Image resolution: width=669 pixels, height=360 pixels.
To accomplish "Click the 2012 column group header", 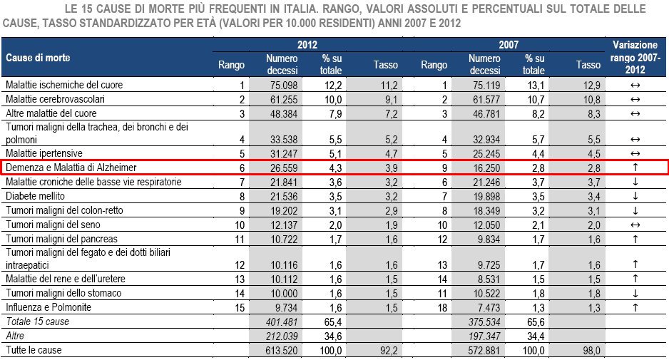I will click(x=307, y=43).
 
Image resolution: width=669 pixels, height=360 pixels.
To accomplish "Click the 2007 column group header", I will click(x=509, y=43).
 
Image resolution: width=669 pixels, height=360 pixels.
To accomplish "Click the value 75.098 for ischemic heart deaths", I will click(x=281, y=85).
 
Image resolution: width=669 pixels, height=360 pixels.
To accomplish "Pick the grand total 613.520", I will click(x=281, y=350).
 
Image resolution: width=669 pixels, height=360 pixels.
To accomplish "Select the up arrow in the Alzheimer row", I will click(x=635, y=168).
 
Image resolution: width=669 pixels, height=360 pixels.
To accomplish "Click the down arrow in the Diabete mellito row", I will click(x=635, y=196).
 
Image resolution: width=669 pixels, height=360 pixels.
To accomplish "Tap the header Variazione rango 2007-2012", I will click(x=635, y=57).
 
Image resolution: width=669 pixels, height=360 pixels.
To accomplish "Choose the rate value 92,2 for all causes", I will click(x=386, y=350).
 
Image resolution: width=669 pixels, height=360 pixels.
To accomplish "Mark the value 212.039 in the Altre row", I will click(x=281, y=336).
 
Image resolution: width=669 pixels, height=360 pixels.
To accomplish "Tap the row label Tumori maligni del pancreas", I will click(x=61, y=238).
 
